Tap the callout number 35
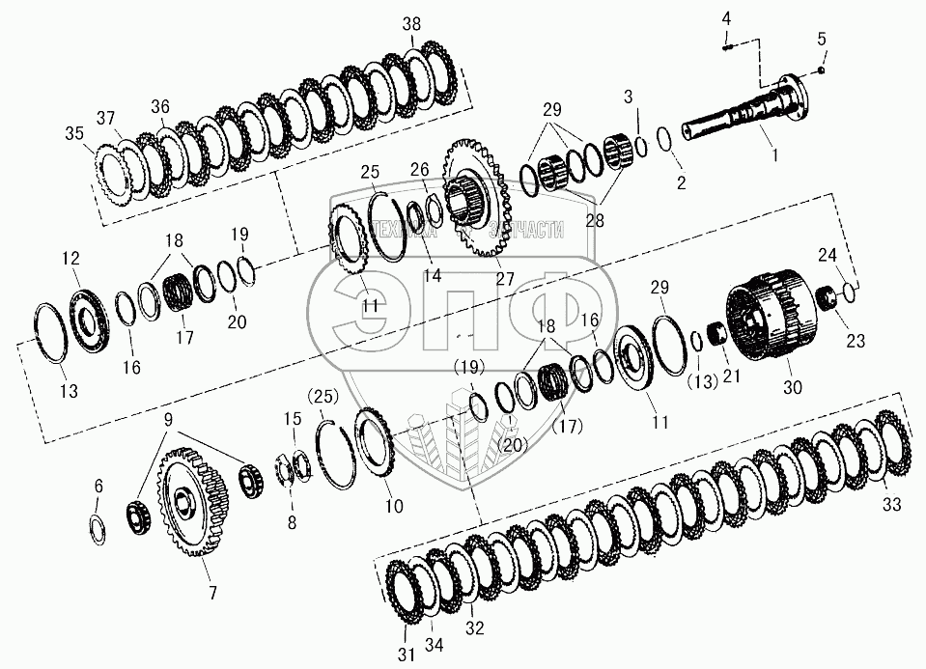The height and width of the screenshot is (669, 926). tap(100, 132)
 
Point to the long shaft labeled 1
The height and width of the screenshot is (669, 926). tap(744, 117)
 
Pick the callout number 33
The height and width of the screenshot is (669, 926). tap(891, 504)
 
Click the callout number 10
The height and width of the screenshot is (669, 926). tap(396, 504)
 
